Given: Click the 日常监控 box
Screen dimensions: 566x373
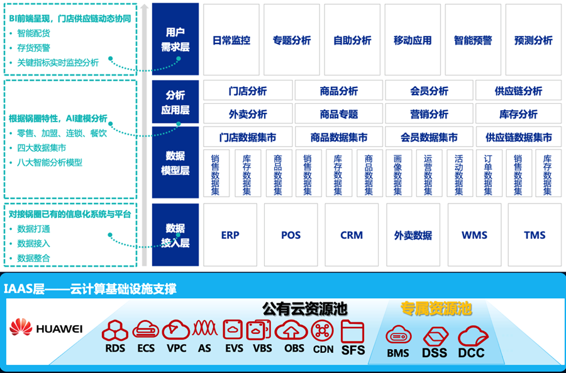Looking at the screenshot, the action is pos(231,40).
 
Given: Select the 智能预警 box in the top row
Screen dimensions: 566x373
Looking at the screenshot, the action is pos(473,40).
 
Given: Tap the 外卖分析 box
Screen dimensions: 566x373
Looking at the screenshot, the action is pos(247,114).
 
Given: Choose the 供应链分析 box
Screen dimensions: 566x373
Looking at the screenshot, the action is pos(518,91).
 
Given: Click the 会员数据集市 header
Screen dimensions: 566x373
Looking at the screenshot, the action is pos(429,137).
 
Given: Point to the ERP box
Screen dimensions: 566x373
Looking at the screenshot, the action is pos(230,235).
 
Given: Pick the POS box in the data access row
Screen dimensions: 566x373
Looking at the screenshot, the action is pos(291,235).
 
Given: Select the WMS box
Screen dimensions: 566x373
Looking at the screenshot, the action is pos(474,235).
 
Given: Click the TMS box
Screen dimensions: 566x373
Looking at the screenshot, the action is pos(535,235).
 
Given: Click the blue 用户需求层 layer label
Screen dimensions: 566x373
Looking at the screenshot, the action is pos(175,39).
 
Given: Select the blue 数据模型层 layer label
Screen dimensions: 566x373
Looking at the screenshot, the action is pos(175,163).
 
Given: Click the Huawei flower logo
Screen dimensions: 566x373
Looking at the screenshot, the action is pos(21,328).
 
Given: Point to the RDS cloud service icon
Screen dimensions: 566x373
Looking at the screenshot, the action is pos(115,330).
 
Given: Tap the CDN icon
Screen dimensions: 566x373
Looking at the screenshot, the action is pos(323,330).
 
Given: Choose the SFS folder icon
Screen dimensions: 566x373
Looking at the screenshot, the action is pos(352,330).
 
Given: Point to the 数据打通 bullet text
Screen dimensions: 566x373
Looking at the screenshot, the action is pos(34,229).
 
